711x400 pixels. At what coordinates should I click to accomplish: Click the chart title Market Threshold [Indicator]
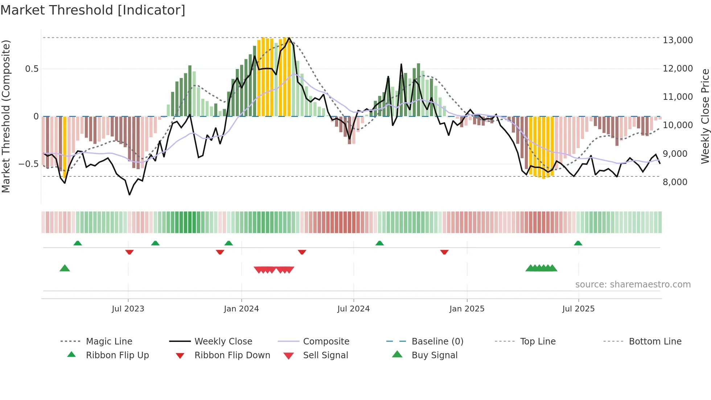click(x=93, y=10)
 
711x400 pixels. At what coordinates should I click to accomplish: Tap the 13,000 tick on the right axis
click(x=677, y=40)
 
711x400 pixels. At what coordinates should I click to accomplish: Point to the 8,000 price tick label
click(x=675, y=182)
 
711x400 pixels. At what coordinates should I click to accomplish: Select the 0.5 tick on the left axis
click(x=32, y=69)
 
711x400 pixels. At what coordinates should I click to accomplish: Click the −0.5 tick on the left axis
click(x=28, y=164)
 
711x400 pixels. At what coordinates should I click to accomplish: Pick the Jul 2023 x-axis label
click(x=128, y=309)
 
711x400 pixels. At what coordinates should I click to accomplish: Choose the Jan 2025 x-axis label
click(x=467, y=309)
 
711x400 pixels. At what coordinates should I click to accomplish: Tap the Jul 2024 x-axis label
click(x=353, y=309)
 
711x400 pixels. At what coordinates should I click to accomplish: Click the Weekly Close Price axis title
click(x=705, y=116)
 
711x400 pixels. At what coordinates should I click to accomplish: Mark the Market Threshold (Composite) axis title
click(x=6, y=116)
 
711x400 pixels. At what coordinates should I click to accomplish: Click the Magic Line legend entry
click(x=109, y=342)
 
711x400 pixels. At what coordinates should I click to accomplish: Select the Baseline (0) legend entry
click(x=437, y=342)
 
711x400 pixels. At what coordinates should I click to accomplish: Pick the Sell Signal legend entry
click(x=325, y=355)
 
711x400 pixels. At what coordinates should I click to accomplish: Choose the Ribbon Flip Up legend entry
click(x=117, y=355)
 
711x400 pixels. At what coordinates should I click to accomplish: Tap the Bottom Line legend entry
click(x=655, y=342)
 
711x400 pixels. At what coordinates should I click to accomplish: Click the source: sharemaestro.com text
click(x=633, y=285)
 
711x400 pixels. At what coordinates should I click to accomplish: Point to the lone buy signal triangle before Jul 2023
click(x=65, y=268)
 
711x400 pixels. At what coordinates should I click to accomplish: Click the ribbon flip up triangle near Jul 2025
click(x=578, y=243)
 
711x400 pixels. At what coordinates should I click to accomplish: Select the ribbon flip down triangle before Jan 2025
click(x=444, y=252)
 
